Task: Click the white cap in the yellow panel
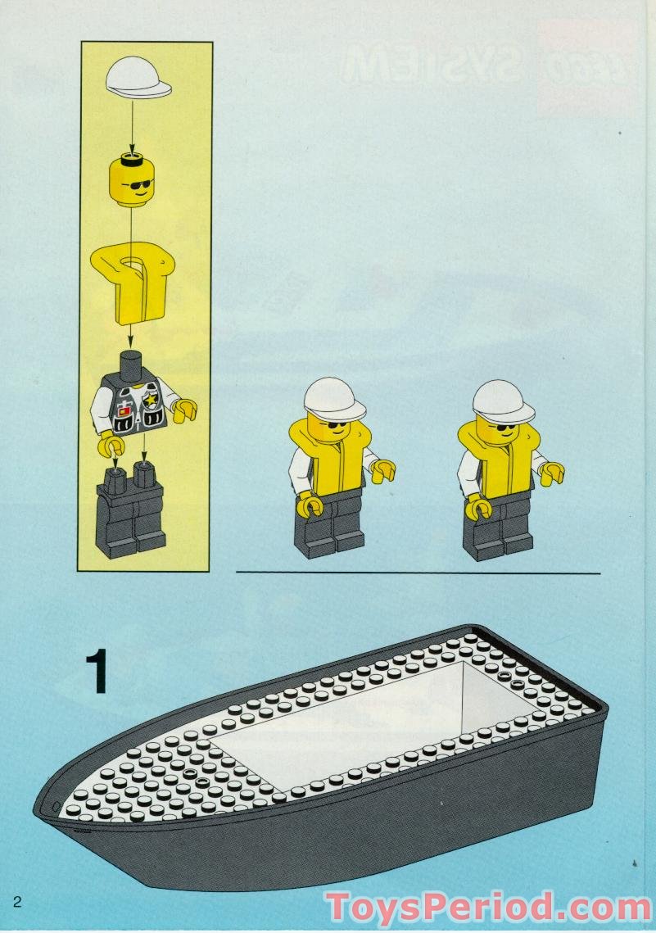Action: [138, 78]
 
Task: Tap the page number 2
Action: [16, 903]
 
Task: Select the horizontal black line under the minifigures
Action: [418, 572]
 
